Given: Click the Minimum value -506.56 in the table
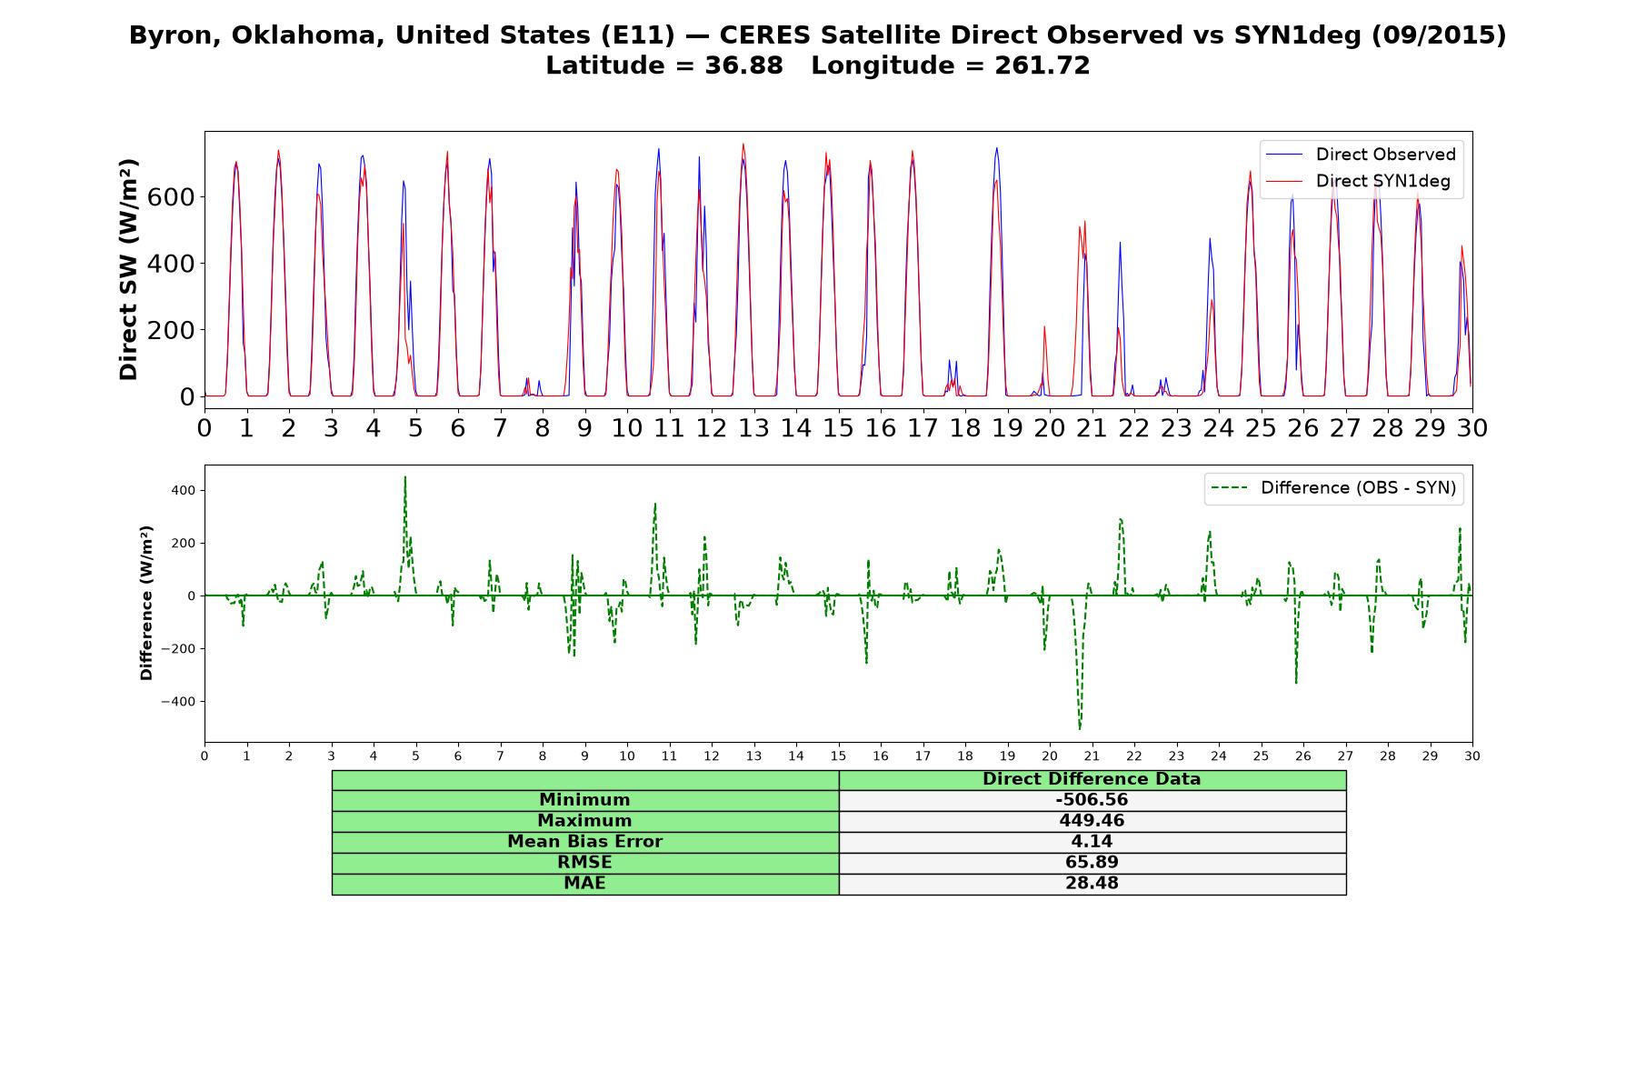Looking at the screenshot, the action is click(1092, 800).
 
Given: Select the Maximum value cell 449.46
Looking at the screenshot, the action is click(1092, 821).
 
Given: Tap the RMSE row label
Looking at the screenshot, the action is click(584, 862).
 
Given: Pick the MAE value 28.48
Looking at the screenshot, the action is click(1092, 883).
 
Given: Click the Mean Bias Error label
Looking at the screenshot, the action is click(584, 842).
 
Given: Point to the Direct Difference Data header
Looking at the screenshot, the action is click(1092, 779).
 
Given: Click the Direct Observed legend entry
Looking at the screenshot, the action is click(1360, 155).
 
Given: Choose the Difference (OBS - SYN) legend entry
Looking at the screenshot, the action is click(1332, 488).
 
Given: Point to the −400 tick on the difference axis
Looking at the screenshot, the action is click(179, 702).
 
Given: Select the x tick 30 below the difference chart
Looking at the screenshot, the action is click(1472, 756).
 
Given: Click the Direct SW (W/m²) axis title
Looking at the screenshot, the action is click(129, 270).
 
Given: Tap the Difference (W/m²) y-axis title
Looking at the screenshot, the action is click(146, 603).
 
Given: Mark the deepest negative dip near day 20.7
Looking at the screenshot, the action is click(1080, 729).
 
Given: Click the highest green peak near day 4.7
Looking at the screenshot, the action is click(405, 477).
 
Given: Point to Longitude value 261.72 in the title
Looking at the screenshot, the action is click(1041, 65).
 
